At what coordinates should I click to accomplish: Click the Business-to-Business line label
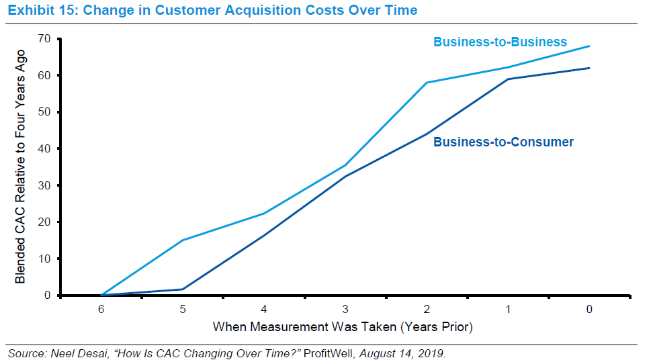point(500,42)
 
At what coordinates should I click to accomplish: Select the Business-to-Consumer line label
point(503,142)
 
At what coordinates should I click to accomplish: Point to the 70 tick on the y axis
point(46,38)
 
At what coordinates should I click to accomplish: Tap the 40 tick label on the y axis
point(46,148)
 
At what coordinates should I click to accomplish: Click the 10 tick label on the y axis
point(46,259)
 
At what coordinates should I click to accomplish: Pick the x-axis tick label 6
point(101,310)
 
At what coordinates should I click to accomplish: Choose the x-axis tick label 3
point(345,310)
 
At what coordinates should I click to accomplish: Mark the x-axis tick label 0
point(589,310)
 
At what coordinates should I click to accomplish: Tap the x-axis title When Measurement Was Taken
point(343,328)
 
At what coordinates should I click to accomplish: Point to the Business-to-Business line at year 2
point(427,83)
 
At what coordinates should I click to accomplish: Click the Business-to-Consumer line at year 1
point(508,79)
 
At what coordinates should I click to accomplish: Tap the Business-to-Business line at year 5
point(182,240)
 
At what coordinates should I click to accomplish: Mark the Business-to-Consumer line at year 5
point(182,289)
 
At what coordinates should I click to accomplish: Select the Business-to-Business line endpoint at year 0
point(589,46)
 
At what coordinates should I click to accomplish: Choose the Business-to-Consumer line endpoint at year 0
point(589,68)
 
